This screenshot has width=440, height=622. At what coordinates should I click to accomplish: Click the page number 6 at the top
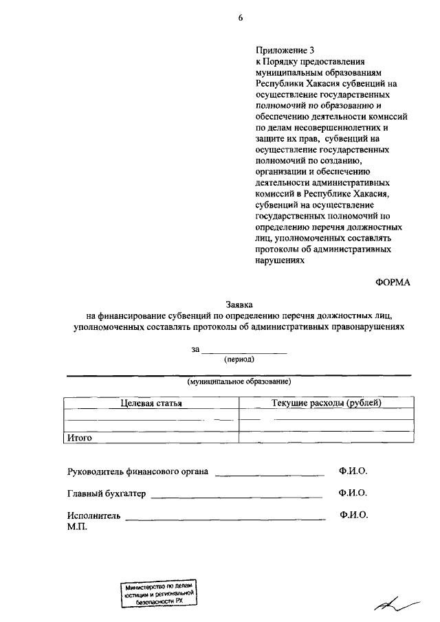point(241,18)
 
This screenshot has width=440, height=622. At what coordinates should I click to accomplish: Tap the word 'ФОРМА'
point(392,283)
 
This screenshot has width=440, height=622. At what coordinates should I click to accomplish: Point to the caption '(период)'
point(239,359)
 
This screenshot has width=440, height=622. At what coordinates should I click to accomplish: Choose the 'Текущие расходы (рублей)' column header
point(326,403)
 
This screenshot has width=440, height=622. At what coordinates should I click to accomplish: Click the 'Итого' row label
point(79,437)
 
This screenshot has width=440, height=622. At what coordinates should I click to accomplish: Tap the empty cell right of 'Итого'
point(326,437)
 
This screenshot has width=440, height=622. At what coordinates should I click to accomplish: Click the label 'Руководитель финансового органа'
point(137,472)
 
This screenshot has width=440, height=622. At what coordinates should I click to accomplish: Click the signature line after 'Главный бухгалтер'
point(236,494)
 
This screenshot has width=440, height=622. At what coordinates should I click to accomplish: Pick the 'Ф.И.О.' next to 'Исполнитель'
point(354,515)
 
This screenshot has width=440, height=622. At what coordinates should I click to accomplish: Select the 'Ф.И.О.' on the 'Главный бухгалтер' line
point(353,493)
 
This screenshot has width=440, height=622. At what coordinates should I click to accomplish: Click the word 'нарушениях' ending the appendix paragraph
point(279,260)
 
